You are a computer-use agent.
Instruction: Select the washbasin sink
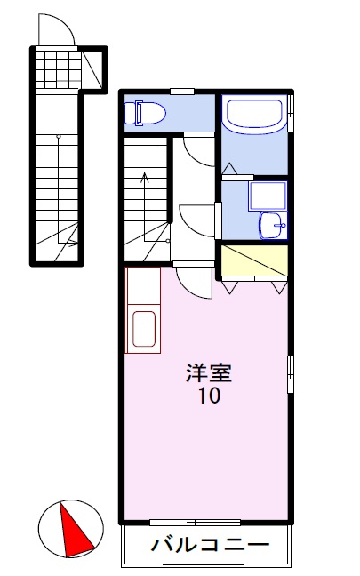tap(271, 227)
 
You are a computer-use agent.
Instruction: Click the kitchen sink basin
tap(143, 329)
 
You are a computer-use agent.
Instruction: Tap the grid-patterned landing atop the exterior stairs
tap(58, 68)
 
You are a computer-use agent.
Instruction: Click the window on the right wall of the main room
tap(291, 374)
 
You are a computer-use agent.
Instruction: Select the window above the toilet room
tap(183, 91)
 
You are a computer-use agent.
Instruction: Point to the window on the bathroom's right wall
tap(291, 116)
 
